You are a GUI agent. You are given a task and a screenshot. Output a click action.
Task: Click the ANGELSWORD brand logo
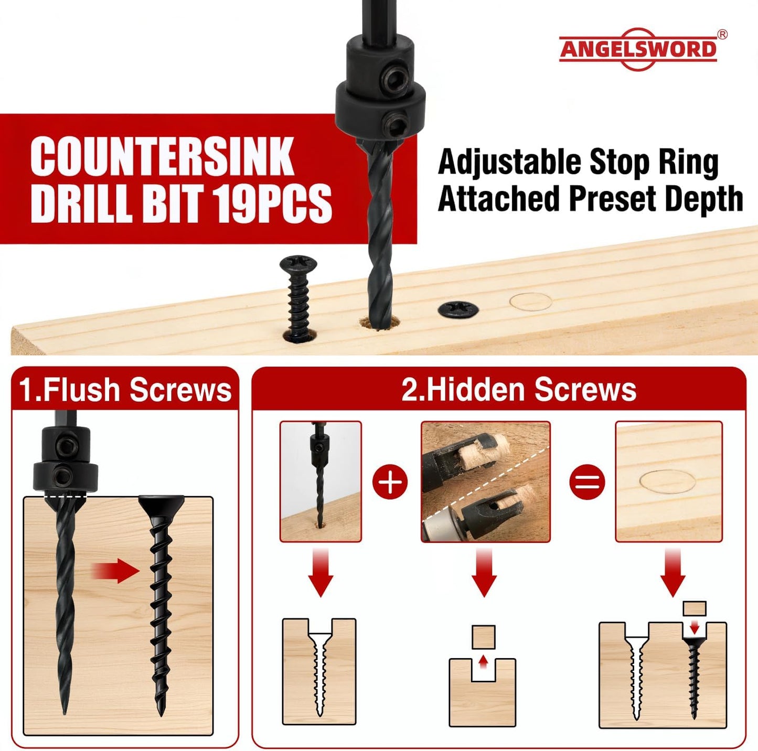tap(638, 49)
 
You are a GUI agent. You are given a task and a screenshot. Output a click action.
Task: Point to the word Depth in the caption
tap(704, 199)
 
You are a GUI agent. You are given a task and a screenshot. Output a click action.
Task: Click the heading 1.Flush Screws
tap(125, 390)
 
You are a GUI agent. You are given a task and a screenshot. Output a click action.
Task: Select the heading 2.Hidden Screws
tap(519, 390)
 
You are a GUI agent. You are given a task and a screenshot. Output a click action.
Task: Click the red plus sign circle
tap(391, 481)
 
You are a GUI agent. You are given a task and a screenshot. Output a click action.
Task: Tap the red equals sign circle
tap(588, 481)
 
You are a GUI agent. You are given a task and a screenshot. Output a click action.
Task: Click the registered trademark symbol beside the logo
tap(722, 35)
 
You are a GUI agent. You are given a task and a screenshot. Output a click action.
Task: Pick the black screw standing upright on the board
tap(298, 298)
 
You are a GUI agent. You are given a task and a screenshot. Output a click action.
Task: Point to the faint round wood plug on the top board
tap(531, 302)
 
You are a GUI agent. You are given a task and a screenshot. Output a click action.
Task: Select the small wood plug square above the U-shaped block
tap(484, 637)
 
